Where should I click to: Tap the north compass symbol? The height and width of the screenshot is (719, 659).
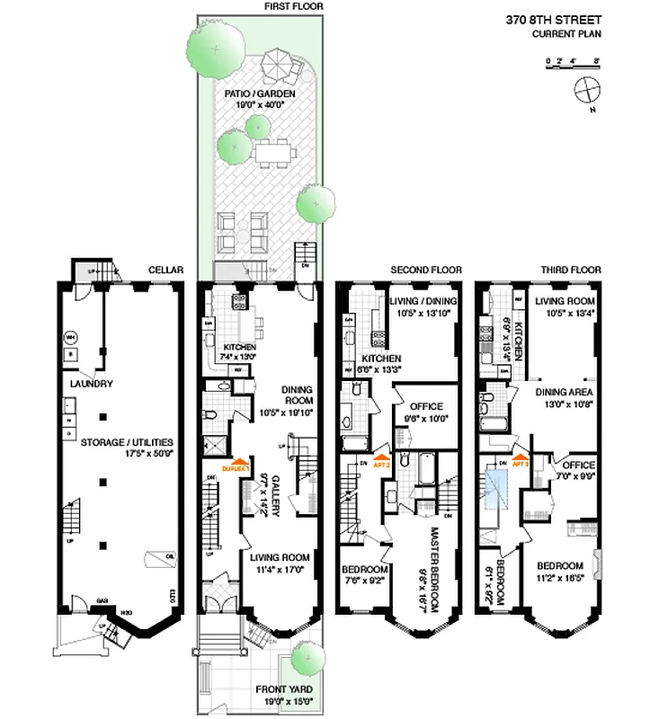pos(585,91)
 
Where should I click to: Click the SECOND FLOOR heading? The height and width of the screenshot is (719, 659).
pos(426,270)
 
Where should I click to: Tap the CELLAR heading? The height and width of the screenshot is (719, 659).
pos(166,270)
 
